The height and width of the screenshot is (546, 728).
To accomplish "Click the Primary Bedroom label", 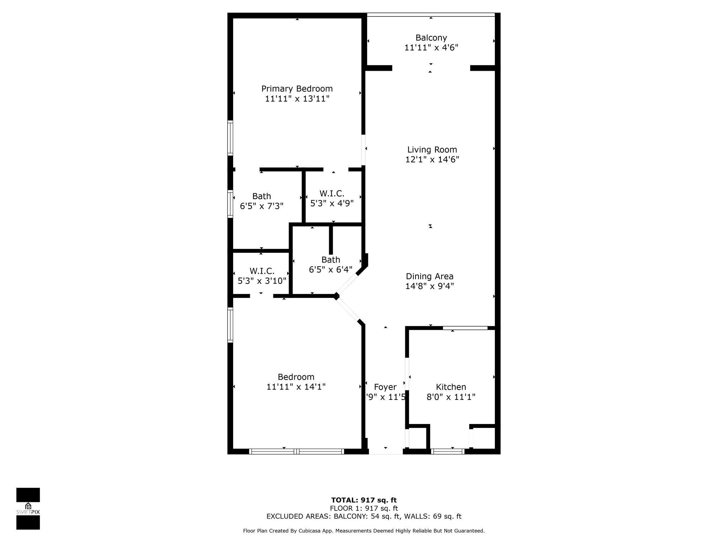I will click(x=297, y=89).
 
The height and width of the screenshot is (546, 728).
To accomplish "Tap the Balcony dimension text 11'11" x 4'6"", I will click(x=431, y=48).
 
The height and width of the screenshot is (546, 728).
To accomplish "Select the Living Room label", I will click(x=432, y=150).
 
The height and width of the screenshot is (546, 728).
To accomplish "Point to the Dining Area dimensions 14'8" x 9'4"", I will click(x=429, y=286).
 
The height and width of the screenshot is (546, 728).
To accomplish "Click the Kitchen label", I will click(x=451, y=387).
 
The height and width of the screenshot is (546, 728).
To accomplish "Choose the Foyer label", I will click(x=385, y=387).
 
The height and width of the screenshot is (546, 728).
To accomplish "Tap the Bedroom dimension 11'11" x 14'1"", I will click(x=296, y=387).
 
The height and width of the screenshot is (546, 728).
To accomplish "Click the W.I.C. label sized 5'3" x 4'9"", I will click(x=332, y=194).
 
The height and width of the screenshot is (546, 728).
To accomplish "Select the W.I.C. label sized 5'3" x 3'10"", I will click(x=262, y=271).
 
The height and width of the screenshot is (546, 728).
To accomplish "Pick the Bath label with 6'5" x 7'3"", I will click(x=262, y=196).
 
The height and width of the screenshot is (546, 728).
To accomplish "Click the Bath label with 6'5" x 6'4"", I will click(x=331, y=260).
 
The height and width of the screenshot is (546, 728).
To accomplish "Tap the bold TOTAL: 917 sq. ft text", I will click(x=364, y=500).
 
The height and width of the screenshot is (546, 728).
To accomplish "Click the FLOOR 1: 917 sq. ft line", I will click(x=364, y=508).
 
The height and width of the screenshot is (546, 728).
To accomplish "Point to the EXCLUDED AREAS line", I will click(x=364, y=516).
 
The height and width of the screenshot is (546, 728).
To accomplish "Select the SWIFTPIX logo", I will click(x=28, y=509).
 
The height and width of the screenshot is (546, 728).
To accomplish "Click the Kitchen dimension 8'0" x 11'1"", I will click(x=451, y=397).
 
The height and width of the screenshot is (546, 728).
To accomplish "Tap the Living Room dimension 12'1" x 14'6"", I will click(x=432, y=160).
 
